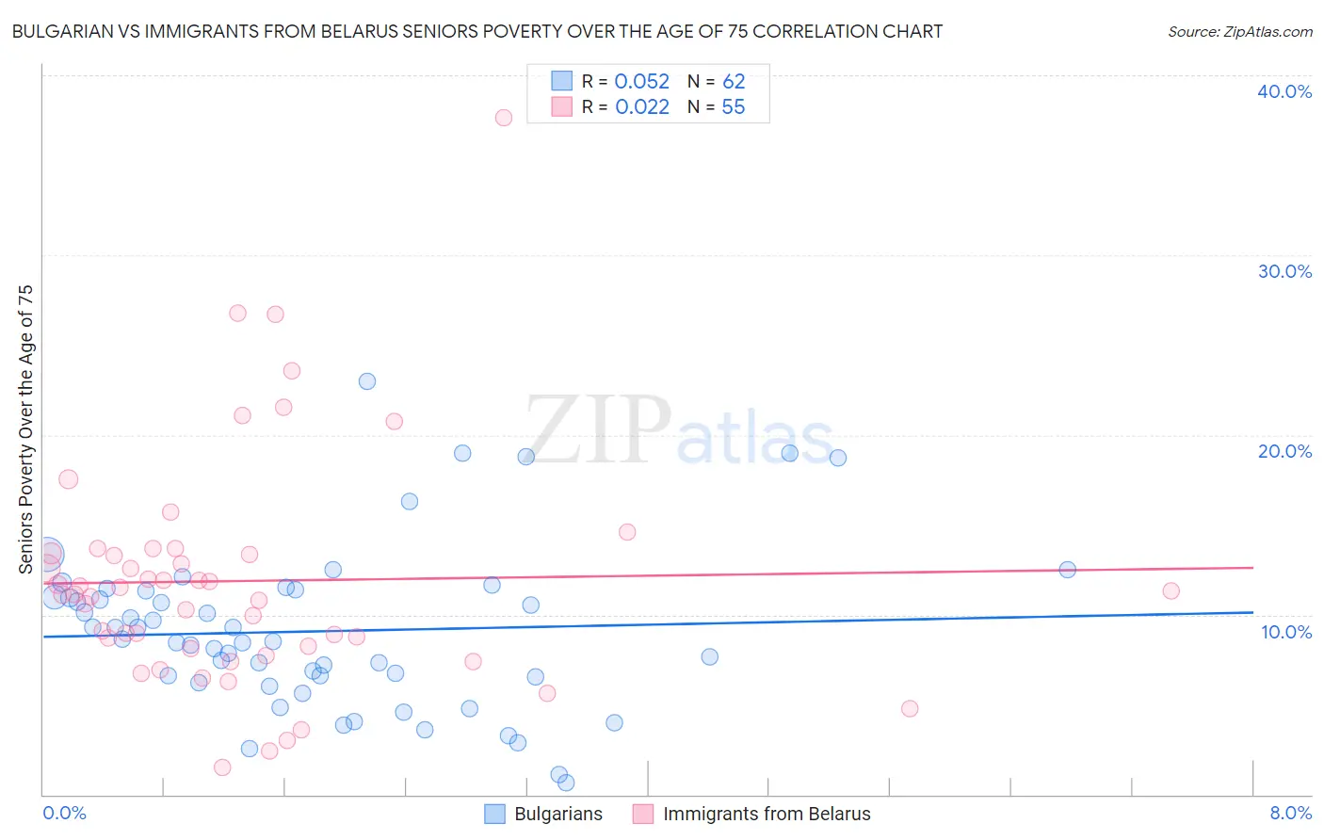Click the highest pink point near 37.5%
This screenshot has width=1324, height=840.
pos(504,118)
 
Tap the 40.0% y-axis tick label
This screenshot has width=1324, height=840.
pos(1284,91)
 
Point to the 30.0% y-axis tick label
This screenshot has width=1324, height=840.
pos(1284,271)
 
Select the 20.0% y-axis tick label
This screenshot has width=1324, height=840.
pos(1284,451)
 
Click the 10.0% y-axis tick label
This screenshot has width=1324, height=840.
pos(1286,632)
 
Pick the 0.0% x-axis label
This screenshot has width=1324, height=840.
pos(65,813)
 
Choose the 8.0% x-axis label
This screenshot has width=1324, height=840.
pos(1290,813)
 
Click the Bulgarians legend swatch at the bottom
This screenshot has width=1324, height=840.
pos(495,814)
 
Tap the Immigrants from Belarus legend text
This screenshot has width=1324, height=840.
pos(767,814)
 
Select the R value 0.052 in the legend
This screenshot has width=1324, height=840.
pos(641,82)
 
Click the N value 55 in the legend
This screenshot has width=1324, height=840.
pos(733,107)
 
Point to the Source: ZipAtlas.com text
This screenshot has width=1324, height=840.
pos(1239,32)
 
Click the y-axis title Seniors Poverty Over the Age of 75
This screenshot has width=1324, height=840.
pos(26,429)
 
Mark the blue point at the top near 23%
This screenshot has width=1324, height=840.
pos(367,381)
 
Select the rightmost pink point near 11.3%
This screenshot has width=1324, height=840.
pos(1171,591)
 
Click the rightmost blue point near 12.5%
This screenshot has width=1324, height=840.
pos(1068,570)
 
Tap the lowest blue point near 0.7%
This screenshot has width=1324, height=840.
pos(566,783)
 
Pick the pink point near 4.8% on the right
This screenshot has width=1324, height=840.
pos(910,708)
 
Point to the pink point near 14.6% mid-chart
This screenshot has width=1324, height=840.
pos(627,532)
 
